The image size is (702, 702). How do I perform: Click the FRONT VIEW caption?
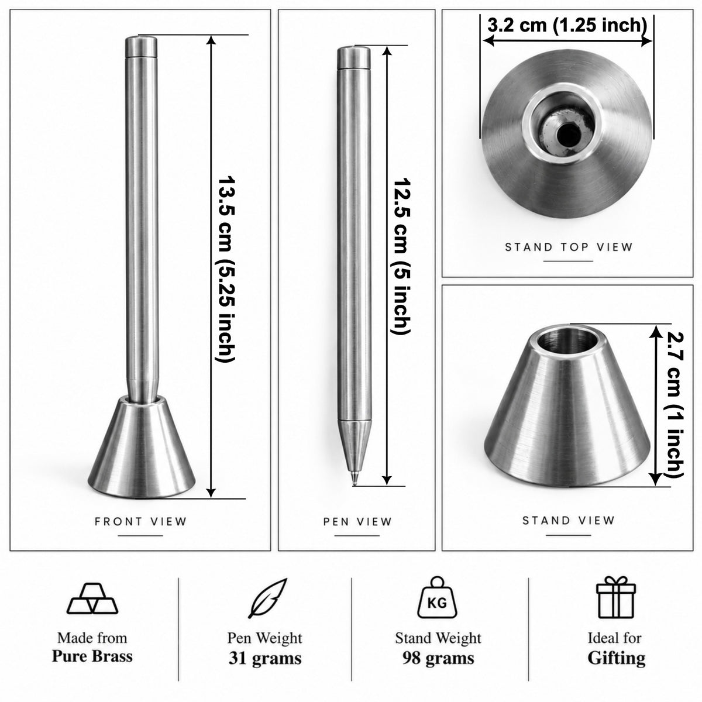point(140,521)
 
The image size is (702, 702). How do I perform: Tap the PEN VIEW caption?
point(357,522)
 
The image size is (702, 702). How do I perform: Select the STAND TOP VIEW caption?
point(568,247)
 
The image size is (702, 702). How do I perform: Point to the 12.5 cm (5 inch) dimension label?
point(402,256)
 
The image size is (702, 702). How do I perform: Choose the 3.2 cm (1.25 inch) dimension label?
point(567,26)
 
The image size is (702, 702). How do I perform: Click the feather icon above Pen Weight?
point(267,598)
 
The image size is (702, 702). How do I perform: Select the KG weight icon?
point(437,597)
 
